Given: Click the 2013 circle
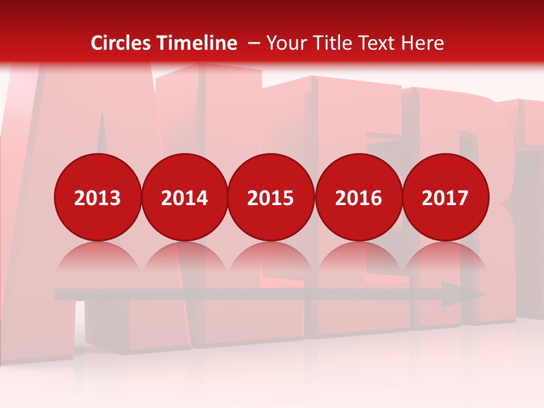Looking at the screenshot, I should click(97, 197).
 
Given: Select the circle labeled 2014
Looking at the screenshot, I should click(185, 197).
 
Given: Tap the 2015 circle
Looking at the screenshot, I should click(271, 197).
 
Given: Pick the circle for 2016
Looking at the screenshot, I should click(358, 197).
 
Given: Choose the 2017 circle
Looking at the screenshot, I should click(445, 197).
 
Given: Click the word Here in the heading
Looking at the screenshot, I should click(423, 43).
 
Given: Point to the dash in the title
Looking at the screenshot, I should click(254, 44).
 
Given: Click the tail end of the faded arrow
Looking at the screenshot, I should click(58, 295).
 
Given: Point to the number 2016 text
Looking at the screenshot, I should click(358, 198).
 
